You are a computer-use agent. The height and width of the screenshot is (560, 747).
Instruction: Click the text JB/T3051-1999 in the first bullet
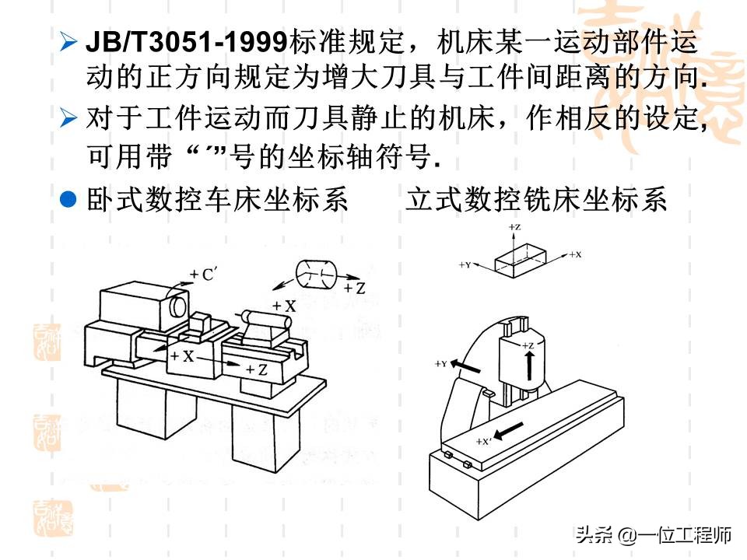pyautogui.click(x=187, y=41)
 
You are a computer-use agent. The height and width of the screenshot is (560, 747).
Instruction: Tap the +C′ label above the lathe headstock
pyautogui.click(x=207, y=274)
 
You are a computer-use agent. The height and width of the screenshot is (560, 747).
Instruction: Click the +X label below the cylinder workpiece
pyautogui.click(x=285, y=306)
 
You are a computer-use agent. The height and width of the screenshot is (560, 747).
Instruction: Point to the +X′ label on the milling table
pyautogui.click(x=483, y=441)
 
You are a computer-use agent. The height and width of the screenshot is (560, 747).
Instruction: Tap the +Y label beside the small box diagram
pyautogui.click(x=465, y=265)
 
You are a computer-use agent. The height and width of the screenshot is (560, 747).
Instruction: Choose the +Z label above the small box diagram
pyautogui.click(x=514, y=226)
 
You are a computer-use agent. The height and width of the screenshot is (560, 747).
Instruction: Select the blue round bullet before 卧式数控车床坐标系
pyautogui.click(x=68, y=199)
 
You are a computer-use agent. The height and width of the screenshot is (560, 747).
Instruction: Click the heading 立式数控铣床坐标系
pyautogui.click(x=536, y=200)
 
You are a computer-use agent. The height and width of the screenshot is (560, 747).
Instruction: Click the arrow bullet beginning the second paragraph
pyautogui.click(x=68, y=119)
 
